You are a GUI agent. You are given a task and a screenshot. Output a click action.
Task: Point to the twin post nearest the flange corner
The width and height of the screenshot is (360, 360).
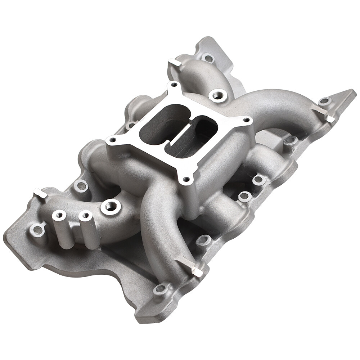(x=59, y=216)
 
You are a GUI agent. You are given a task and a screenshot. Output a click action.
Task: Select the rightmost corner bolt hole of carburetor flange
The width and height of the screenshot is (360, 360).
(x=247, y=120)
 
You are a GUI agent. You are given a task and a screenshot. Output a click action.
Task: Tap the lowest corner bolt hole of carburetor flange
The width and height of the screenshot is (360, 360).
(x=186, y=179)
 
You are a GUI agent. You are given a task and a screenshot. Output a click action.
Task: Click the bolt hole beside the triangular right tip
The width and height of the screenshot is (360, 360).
(x=325, y=101)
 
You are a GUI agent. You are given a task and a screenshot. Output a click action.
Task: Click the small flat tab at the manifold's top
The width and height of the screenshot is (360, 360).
(x=175, y=63)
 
